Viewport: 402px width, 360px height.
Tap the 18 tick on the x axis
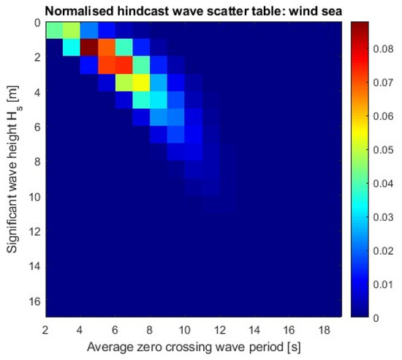pyautogui.click(x=324, y=328)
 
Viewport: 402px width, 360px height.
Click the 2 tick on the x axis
pyautogui.click(x=46, y=328)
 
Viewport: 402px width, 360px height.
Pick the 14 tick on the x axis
pyautogui.click(x=255, y=328)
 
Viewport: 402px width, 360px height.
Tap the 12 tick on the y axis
pyautogui.click(x=32, y=231)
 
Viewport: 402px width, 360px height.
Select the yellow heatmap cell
pyautogui.click(x=140, y=83)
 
